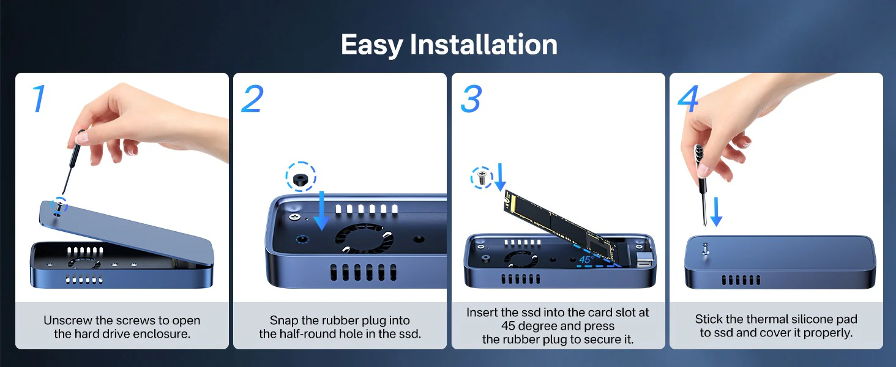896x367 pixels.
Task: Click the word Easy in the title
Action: tap(371, 45)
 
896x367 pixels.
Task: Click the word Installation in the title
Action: tap(483, 44)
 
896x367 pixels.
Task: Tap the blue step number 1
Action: tap(39, 98)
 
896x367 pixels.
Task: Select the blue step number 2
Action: tap(253, 98)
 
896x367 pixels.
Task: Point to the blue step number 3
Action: tap(471, 98)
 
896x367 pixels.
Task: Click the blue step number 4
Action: tap(688, 98)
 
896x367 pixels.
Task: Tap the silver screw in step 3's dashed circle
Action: tap(481, 177)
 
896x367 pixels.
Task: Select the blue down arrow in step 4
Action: tap(716, 212)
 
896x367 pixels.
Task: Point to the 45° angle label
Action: tap(586, 260)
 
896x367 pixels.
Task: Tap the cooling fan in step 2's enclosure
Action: tap(364, 238)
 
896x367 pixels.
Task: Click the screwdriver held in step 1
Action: tap(72, 162)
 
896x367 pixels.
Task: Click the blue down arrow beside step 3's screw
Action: tap(500, 177)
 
